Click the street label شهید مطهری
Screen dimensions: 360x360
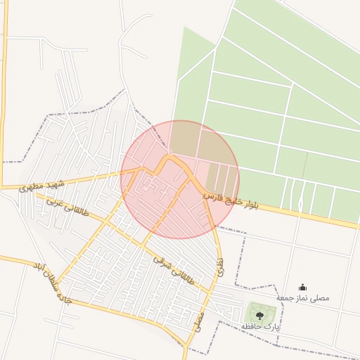tap(42, 186)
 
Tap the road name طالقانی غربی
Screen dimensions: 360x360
tap(67, 208)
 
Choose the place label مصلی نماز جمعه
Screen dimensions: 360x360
tap(302, 298)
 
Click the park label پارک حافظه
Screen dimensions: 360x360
tap(261, 327)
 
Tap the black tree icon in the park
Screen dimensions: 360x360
tap(259, 316)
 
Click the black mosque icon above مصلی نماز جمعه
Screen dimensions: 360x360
tap(302, 287)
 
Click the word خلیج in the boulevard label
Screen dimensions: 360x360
tap(231, 200)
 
